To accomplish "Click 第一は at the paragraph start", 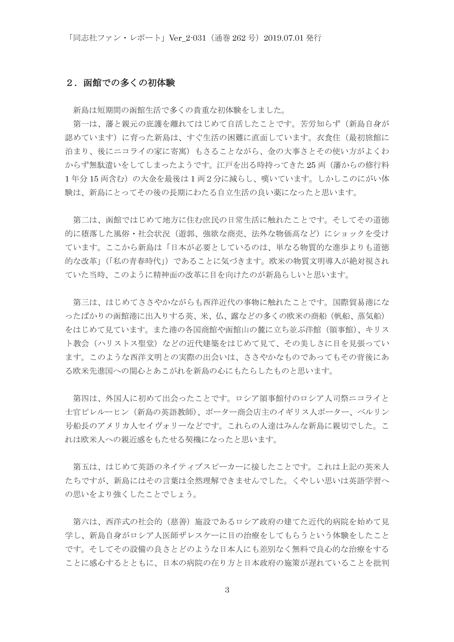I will tap(85, 124).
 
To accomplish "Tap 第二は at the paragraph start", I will tap(85, 220).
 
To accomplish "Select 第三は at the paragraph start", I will tap(85, 303).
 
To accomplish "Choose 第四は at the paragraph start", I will tap(85, 398).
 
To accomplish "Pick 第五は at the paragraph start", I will tap(85, 467).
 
